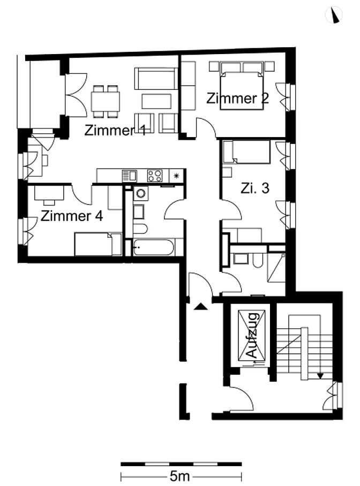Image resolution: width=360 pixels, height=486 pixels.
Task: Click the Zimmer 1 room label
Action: pos(115,130)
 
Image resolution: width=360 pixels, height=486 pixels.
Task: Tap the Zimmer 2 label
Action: pos(237,98)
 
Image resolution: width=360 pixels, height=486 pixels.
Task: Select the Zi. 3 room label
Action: pos(255,188)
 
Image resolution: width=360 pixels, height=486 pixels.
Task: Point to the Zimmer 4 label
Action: pos(72,216)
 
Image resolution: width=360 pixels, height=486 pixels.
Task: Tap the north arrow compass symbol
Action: pos(334,15)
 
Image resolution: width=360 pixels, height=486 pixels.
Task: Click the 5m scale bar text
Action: pos(179,476)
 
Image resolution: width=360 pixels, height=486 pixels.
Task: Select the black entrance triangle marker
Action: pos(200,306)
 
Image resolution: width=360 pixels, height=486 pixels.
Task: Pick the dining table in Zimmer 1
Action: pos(106,101)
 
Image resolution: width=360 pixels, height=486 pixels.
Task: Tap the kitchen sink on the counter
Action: pos(130,176)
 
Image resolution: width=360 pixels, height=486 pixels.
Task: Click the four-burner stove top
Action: pos(154,176)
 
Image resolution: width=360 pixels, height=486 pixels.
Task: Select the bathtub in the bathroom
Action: pos(153,247)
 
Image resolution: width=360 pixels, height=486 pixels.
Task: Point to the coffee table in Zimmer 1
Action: pos(156,101)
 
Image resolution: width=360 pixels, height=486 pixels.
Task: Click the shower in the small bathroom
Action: pos(276,267)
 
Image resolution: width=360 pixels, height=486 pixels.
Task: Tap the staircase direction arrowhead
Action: pos(320,376)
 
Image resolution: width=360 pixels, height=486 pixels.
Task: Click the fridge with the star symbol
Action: pos(177,176)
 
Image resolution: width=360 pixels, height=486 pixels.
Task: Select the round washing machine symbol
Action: pos(141,194)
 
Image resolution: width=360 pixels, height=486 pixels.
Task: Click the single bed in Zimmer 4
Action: pos(97,244)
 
